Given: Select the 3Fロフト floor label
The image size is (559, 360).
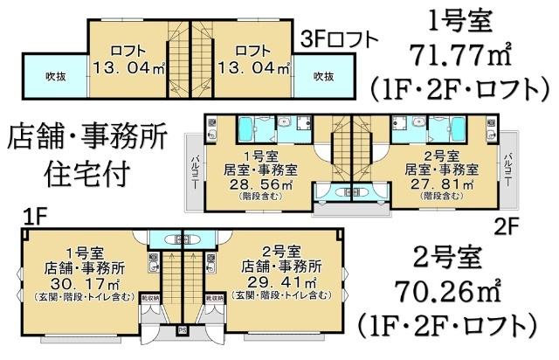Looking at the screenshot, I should point(340,38).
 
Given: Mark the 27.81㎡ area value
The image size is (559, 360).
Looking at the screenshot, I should point(443,184).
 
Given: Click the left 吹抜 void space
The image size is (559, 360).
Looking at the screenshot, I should point(54,75).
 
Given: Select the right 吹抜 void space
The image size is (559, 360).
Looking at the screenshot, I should point(323,75).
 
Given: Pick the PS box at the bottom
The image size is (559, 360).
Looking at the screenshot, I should point(183,329).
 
